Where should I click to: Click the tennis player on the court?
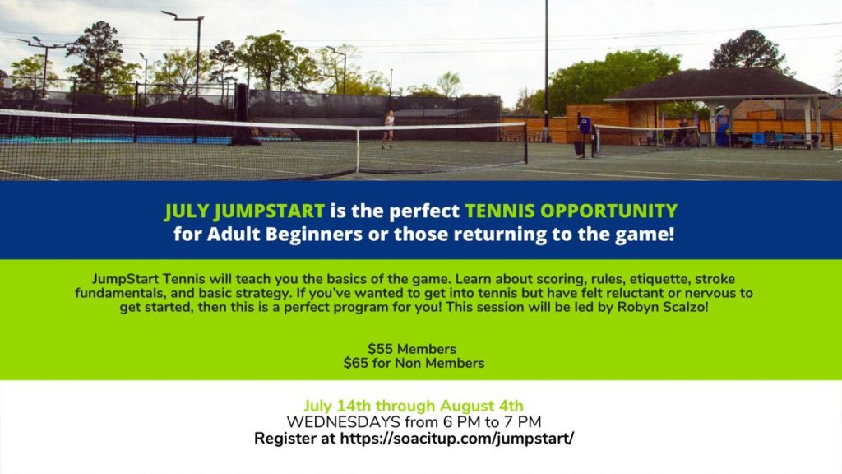[388, 129]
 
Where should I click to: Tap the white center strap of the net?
[358, 150]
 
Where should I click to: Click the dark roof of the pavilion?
[717, 85]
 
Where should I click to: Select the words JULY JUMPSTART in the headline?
[244, 211]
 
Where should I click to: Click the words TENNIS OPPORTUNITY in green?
[571, 211]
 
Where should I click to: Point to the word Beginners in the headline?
[313, 235]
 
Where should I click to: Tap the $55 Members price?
[412, 349]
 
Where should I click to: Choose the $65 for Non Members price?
[414, 363]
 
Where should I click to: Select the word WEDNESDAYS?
[343, 422]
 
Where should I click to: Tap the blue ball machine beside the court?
[585, 125]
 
